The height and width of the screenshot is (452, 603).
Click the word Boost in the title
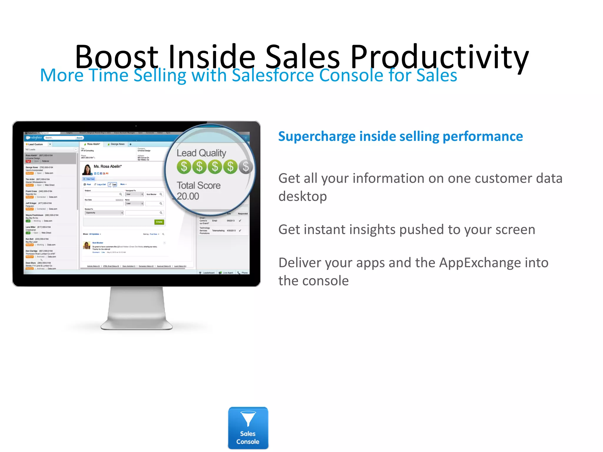(116, 56)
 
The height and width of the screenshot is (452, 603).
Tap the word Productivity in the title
(439, 56)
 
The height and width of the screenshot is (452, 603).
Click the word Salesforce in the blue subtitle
(273, 75)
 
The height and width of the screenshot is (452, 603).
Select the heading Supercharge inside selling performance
(400, 137)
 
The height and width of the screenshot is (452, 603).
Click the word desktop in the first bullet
(303, 196)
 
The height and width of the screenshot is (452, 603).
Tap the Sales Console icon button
(248, 428)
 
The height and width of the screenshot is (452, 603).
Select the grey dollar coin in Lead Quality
(246, 167)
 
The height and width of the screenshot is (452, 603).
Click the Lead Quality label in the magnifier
(201, 153)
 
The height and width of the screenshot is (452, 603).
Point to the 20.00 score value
(188, 196)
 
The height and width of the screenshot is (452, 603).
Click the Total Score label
(198, 185)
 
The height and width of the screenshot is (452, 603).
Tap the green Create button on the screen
(159, 222)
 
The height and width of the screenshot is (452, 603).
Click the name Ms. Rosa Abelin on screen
(107, 167)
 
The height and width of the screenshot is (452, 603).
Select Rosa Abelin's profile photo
(87, 169)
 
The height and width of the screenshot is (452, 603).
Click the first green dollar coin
(184, 167)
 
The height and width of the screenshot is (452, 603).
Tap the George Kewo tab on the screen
(117, 144)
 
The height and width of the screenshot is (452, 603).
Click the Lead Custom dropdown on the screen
(50, 144)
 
